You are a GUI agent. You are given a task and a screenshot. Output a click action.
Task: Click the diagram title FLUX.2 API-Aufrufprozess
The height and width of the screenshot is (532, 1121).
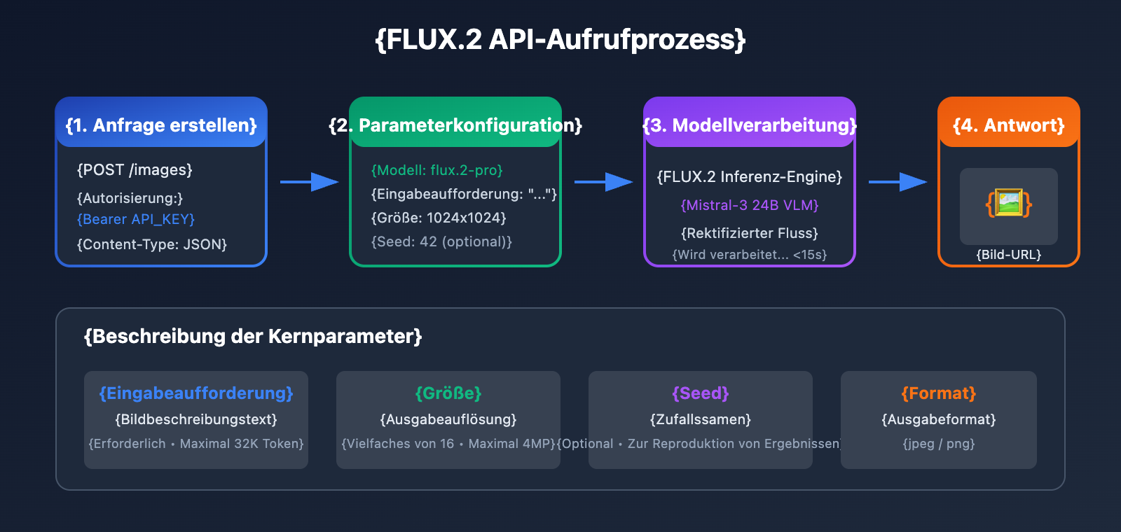[x=560, y=39]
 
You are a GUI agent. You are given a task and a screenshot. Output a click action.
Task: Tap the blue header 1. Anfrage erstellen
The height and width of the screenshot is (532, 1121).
[x=161, y=125]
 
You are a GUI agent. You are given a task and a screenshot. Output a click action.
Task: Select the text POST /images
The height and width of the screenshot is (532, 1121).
[x=135, y=170]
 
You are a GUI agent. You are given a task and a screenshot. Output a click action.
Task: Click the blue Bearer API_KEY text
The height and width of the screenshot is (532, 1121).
[x=136, y=219]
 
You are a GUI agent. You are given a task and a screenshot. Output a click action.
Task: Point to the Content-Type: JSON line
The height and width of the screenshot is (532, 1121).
[x=152, y=244]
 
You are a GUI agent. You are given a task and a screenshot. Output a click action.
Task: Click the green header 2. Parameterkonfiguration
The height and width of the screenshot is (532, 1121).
[x=455, y=125]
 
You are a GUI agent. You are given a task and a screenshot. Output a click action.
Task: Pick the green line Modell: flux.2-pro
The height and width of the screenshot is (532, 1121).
[x=437, y=170]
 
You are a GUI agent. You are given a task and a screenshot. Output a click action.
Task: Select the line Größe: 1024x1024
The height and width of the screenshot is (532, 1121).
[x=439, y=218]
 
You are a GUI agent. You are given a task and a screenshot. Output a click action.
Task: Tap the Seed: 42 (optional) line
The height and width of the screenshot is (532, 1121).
[x=441, y=241]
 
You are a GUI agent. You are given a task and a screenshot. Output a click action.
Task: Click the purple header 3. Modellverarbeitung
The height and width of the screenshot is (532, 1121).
[x=750, y=125]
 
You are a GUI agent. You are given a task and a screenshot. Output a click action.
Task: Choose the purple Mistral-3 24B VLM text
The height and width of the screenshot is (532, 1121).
[x=750, y=205]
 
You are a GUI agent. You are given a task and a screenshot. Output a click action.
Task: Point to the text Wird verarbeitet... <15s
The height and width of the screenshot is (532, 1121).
[x=750, y=255]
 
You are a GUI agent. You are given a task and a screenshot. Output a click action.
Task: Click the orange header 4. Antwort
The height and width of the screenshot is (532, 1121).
[x=1009, y=125]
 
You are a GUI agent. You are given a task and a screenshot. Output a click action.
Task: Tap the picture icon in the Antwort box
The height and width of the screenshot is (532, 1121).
[x=1009, y=204]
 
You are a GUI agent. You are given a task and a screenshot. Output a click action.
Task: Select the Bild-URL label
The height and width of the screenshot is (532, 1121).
[x=1009, y=255]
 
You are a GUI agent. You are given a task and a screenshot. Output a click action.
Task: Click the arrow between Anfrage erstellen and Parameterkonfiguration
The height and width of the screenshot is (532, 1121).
[x=309, y=182]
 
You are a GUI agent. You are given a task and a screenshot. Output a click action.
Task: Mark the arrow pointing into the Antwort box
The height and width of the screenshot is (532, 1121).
[x=898, y=182]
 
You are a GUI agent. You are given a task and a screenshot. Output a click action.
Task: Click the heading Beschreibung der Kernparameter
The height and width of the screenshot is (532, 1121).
[x=253, y=337]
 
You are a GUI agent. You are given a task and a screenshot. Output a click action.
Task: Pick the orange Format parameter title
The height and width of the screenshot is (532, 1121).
[x=939, y=393]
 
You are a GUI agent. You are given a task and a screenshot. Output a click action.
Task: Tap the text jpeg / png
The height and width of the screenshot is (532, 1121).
[x=939, y=444]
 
